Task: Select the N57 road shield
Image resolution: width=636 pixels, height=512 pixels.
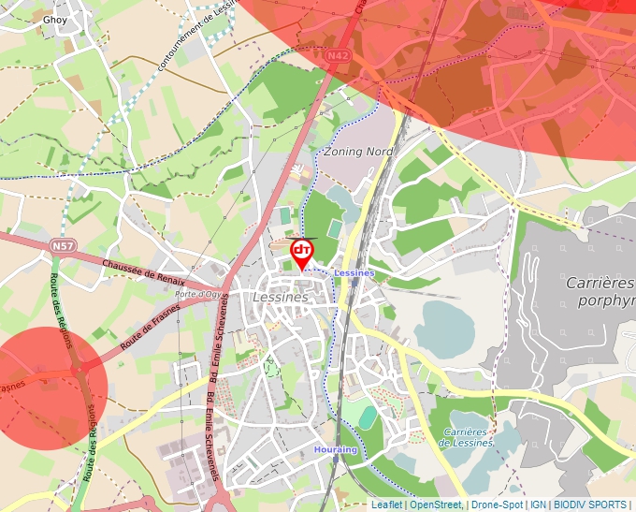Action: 63,246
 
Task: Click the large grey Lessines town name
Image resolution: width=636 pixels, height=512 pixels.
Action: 281,297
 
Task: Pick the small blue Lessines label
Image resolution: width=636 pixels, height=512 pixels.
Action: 354,272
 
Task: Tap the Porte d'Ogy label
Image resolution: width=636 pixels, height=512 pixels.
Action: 197,294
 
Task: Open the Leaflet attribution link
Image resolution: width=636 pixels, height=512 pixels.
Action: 386,505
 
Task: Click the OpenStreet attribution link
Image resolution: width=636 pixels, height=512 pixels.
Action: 436,505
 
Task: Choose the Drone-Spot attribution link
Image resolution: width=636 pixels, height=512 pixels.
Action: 497,505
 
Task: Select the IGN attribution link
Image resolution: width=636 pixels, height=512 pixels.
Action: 539,505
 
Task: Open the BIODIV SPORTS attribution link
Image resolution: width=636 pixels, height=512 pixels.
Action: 591,505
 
